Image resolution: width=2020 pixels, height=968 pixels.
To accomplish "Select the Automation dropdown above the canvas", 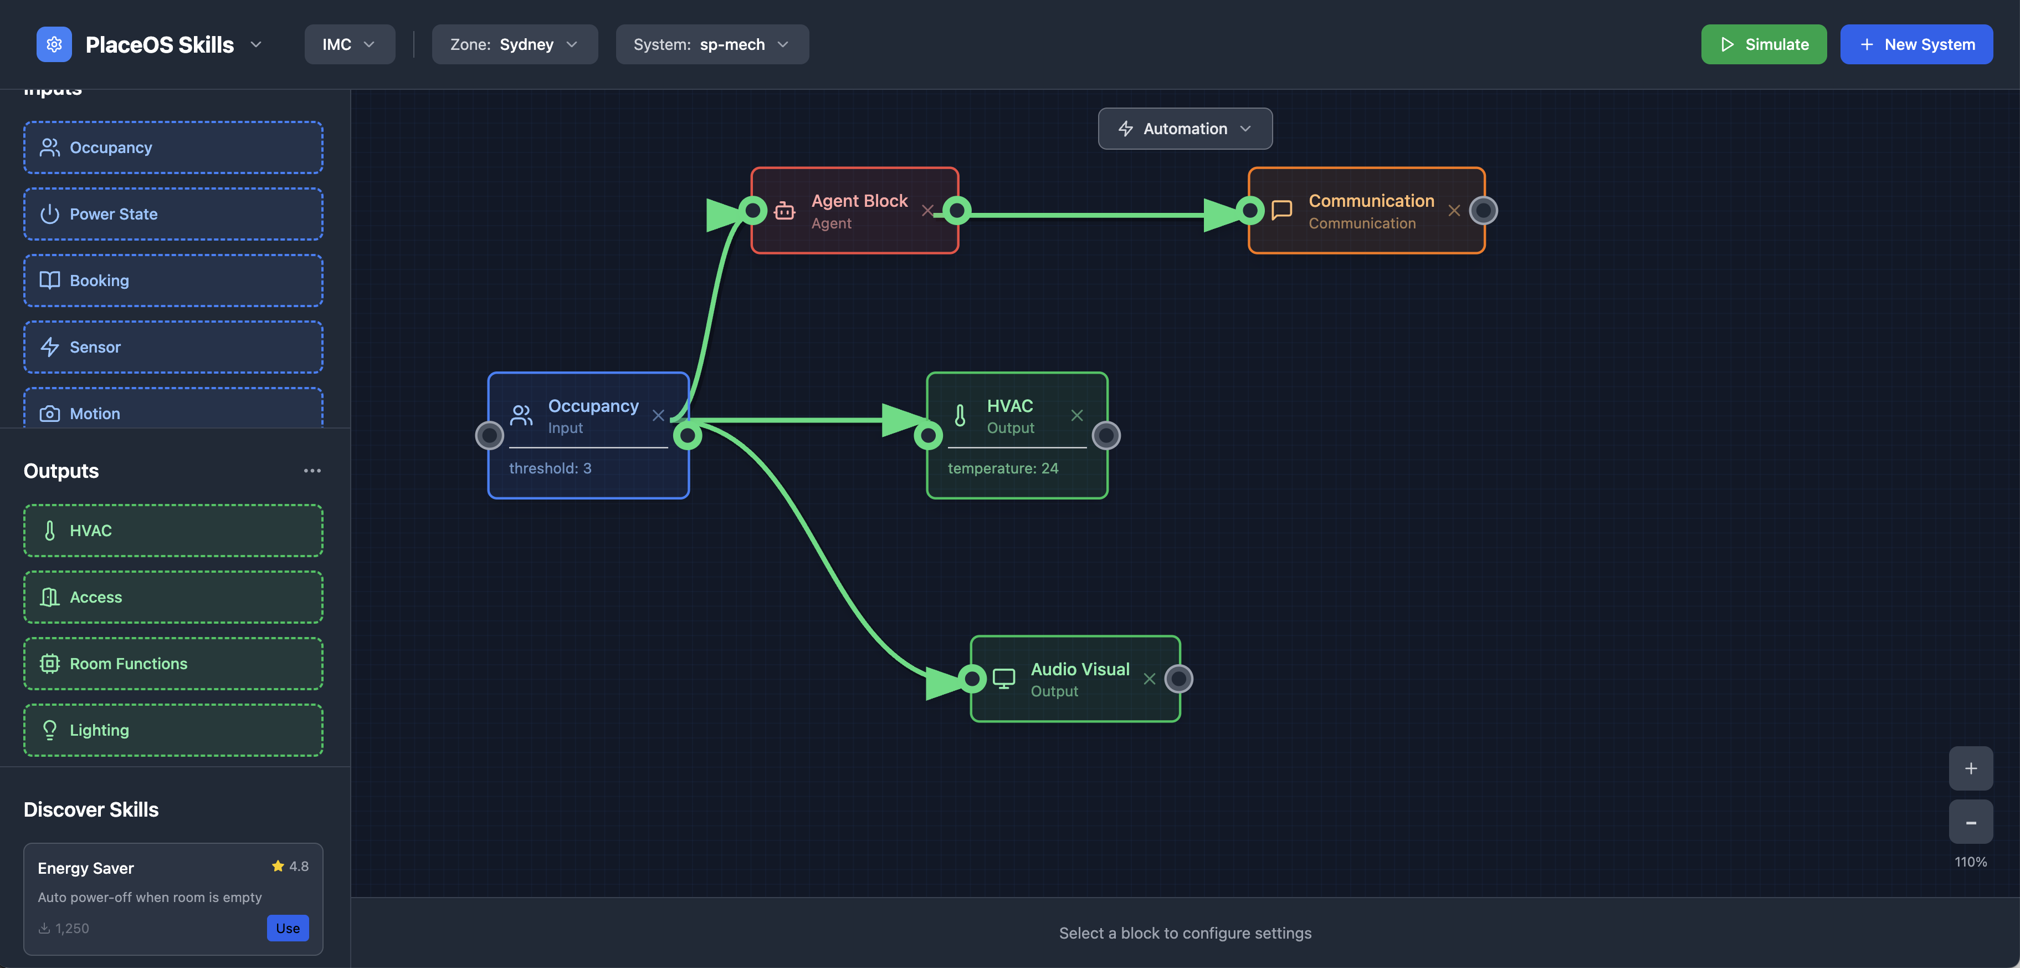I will [x=1184, y=129].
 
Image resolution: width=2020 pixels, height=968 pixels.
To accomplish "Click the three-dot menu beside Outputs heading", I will [x=312, y=471].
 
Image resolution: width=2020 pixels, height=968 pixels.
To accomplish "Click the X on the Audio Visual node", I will [x=1149, y=679].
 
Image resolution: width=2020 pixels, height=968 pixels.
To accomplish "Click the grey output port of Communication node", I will [x=1483, y=210].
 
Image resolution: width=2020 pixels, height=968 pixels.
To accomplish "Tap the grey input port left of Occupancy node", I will [x=489, y=435].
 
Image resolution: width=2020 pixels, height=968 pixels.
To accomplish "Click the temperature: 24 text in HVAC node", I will [x=1002, y=468].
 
